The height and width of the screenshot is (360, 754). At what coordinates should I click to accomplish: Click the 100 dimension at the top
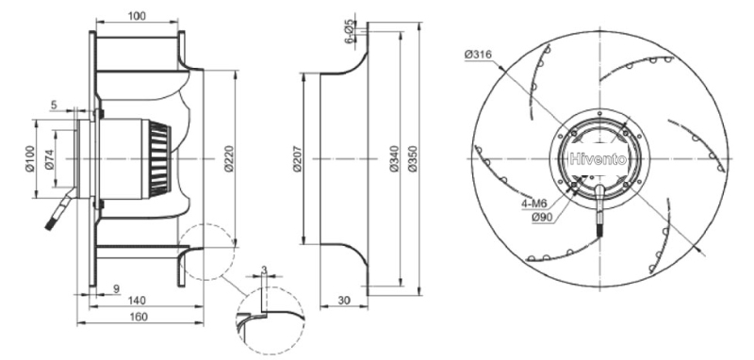(x=137, y=16)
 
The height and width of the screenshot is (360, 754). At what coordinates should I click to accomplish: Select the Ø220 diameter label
(x=229, y=158)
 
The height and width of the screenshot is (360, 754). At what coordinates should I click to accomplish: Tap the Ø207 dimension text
(x=297, y=158)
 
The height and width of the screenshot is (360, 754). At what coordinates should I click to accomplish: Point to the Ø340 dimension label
(x=395, y=158)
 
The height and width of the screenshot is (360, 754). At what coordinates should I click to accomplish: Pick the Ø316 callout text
(x=478, y=55)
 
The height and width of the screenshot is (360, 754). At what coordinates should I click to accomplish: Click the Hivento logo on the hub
(x=598, y=159)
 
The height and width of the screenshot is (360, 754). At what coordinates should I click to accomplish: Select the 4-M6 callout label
(x=534, y=204)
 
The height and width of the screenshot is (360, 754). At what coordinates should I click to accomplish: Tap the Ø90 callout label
(x=543, y=218)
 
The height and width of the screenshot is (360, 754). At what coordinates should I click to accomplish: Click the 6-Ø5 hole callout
(x=350, y=32)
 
